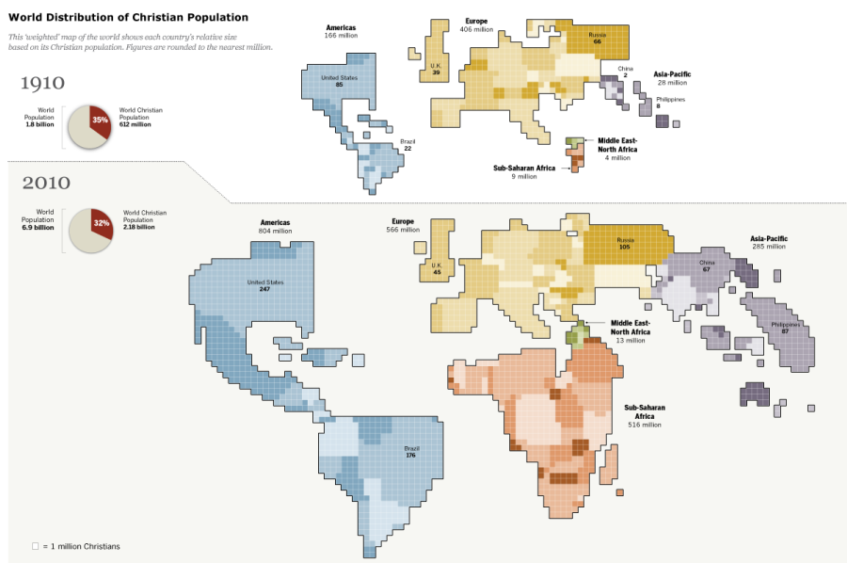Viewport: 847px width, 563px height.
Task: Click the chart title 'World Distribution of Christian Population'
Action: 128,17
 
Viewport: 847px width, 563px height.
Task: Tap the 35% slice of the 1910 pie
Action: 99,120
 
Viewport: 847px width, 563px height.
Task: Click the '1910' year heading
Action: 43,84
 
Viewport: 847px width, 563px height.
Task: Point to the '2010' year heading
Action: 46,183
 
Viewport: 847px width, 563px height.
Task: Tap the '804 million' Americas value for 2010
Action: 276,231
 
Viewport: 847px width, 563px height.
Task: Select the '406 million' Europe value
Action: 476,29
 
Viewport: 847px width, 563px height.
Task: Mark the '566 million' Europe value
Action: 403,230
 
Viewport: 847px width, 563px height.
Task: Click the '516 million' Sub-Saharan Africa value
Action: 645,425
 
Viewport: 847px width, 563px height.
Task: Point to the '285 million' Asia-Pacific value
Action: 769,247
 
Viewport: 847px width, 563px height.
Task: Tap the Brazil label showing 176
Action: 410,453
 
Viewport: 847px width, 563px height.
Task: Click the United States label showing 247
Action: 264,285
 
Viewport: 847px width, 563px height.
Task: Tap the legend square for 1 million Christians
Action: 35,546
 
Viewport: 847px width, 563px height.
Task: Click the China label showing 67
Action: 706,265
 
